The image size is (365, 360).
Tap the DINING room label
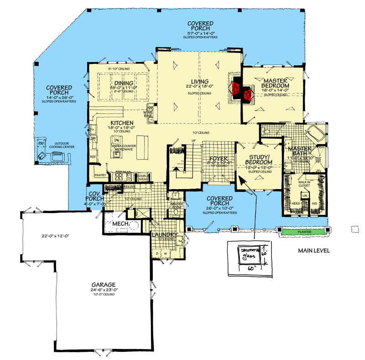tap(123, 83)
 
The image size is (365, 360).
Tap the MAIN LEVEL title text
tap(314, 251)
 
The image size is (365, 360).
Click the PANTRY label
tap(100, 175)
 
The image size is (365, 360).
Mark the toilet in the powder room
tap(177, 212)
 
